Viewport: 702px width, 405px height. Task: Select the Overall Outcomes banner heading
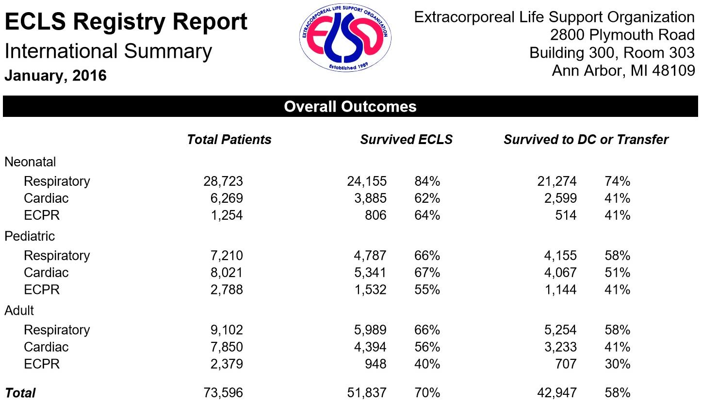(x=350, y=106)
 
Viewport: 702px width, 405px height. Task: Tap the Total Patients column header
(x=229, y=140)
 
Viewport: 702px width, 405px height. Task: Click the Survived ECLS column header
(x=406, y=140)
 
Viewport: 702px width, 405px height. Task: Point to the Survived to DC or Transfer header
(x=586, y=140)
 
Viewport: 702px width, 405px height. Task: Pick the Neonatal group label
(x=30, y=162)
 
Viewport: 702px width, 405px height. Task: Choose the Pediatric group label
(x=30, y=236)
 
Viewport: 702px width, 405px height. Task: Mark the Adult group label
(x=19, y=310)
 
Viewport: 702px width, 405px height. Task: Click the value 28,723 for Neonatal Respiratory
(x=223, y=181)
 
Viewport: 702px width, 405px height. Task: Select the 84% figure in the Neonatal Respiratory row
(x=427, y=181)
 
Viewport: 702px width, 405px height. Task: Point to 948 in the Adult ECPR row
(x=375, y=364)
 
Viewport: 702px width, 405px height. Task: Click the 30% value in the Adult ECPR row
(x=617, y=364)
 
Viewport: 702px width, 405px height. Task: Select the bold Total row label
(x=20, y=392)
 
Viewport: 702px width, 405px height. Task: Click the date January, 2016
(x=55, y=76)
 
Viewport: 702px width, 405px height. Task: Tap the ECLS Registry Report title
(x=126, y=22)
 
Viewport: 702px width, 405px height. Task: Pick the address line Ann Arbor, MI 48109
(x=623, y=71)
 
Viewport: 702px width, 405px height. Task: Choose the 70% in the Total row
(x=427, y=392)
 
